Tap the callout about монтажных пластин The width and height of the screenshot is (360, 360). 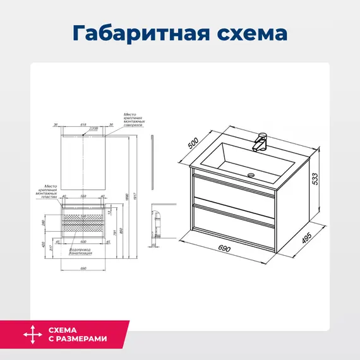49,187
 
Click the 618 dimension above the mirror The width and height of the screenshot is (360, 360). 83,125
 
